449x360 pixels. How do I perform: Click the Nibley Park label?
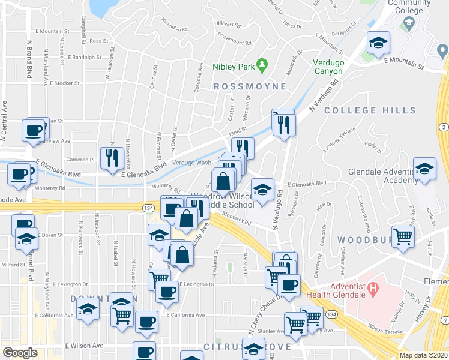coord(234,67)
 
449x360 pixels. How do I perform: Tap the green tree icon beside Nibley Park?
coord(261,63)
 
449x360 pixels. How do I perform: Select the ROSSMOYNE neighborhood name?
coord(250,86)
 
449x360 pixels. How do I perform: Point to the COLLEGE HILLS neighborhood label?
coord(370,110)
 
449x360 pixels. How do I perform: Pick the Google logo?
coord(20,353)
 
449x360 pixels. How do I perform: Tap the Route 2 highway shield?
coord(442,127)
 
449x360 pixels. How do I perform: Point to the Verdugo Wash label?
coord(191,163)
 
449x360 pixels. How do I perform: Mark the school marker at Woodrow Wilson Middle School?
coord(262,190)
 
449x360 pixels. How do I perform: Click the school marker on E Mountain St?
coord(379,43)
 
